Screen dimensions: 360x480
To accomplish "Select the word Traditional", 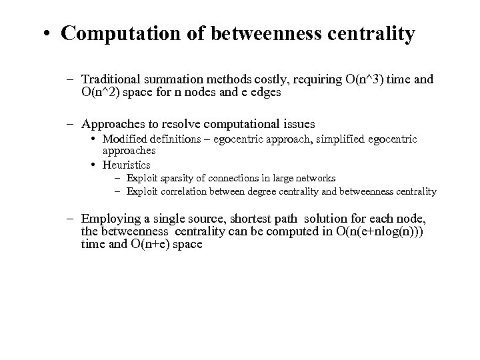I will point(111,79).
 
